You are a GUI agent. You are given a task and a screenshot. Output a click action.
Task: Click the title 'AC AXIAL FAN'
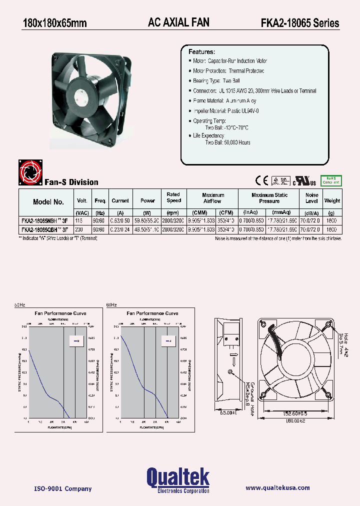[178, 22]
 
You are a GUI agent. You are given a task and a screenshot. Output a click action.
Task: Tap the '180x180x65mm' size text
[55, 23]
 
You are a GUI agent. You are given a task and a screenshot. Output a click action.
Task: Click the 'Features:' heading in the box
[201, 52]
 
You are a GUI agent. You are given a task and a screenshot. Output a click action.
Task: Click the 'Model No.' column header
[48, 202]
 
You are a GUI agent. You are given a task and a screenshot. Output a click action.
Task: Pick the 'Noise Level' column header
[311, 198]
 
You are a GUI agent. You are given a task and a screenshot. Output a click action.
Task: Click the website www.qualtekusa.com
[277, 488]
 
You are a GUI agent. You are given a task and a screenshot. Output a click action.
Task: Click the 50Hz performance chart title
[60, 313]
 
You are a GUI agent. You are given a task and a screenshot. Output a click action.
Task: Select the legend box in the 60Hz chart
[167, 341]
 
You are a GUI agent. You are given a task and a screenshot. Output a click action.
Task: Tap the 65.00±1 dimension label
[227, 412]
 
